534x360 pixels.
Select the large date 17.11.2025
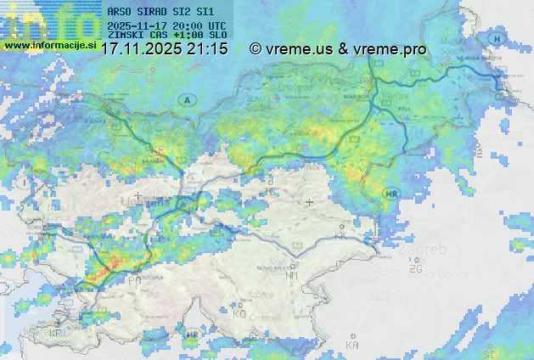click(x=141, y=49)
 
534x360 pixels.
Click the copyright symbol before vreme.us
click(x=256, y=49)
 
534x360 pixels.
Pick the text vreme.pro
click(x=395, y=49)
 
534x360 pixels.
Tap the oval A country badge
click(x=186, y=100)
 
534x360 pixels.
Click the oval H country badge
click(x=497, y=40)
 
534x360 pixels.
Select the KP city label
click(x=57, y=334)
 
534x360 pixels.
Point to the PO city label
click(x=134, y=279)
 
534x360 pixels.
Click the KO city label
click(x=239, y=313)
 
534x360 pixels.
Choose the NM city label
click(x=292, y=275)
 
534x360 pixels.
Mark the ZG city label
click(x=415, y=269)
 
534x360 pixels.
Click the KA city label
click(x=352, y=346)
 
